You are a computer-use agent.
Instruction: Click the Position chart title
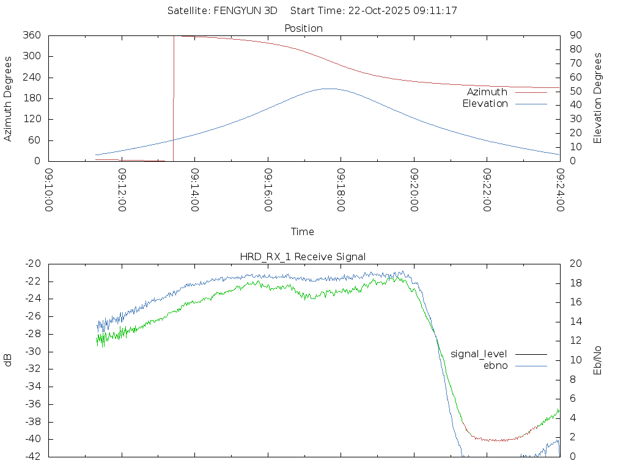[x=304, y=28]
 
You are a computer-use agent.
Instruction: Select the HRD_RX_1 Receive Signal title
[x=303, y=256]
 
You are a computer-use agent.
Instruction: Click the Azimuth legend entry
[x=487, y=92]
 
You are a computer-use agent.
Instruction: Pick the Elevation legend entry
[x=485, y=104]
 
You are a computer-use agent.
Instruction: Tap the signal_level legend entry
[x=479, y=354]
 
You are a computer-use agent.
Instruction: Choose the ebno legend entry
[x=495, y=365]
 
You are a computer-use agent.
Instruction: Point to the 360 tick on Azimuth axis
[x=32, y=35]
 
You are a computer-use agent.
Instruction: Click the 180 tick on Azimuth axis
[x=32, y=98]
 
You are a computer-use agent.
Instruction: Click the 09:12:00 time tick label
[x=122, y=190]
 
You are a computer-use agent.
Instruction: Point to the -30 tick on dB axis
[x=32, y=352]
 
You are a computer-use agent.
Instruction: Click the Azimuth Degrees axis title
[x=8, y=98]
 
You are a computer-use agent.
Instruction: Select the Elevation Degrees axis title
[x=598, y=98]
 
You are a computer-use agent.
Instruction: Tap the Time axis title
[x=303, y=232]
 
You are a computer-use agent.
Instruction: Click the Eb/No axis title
[x=598, y=360]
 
